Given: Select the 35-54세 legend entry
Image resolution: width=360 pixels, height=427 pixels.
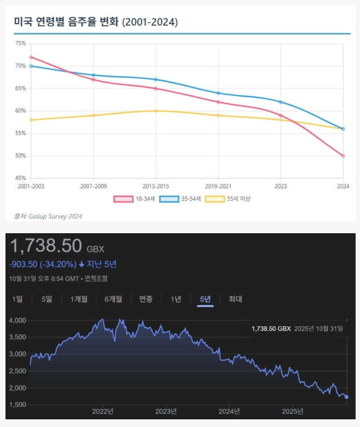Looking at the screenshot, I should point(181,199).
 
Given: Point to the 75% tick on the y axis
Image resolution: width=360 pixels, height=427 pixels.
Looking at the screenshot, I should point(20,43).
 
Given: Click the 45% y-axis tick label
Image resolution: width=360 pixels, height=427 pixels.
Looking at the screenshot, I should point(20,178).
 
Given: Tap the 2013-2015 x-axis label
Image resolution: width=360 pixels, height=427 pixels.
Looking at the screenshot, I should point(156,186).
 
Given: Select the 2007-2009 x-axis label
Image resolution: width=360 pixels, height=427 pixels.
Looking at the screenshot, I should point(94,186).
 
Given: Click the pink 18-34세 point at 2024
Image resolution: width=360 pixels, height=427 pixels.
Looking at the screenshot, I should point(343,156).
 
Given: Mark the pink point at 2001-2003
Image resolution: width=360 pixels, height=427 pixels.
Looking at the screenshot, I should point(31,57).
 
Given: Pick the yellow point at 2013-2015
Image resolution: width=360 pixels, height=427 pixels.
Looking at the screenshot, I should point(156,111).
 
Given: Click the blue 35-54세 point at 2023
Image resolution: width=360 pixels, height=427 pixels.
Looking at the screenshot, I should point(281,102).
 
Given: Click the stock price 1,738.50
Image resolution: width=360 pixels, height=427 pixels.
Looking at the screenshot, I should point(46,246).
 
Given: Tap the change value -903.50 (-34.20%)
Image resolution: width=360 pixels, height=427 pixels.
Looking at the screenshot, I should point(42,264).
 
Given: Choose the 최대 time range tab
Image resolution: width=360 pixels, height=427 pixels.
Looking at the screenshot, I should point(235,299).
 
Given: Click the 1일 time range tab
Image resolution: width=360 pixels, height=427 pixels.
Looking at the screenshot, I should point(18,299).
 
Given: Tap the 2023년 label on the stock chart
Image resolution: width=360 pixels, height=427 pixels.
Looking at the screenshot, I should point(166,411).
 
